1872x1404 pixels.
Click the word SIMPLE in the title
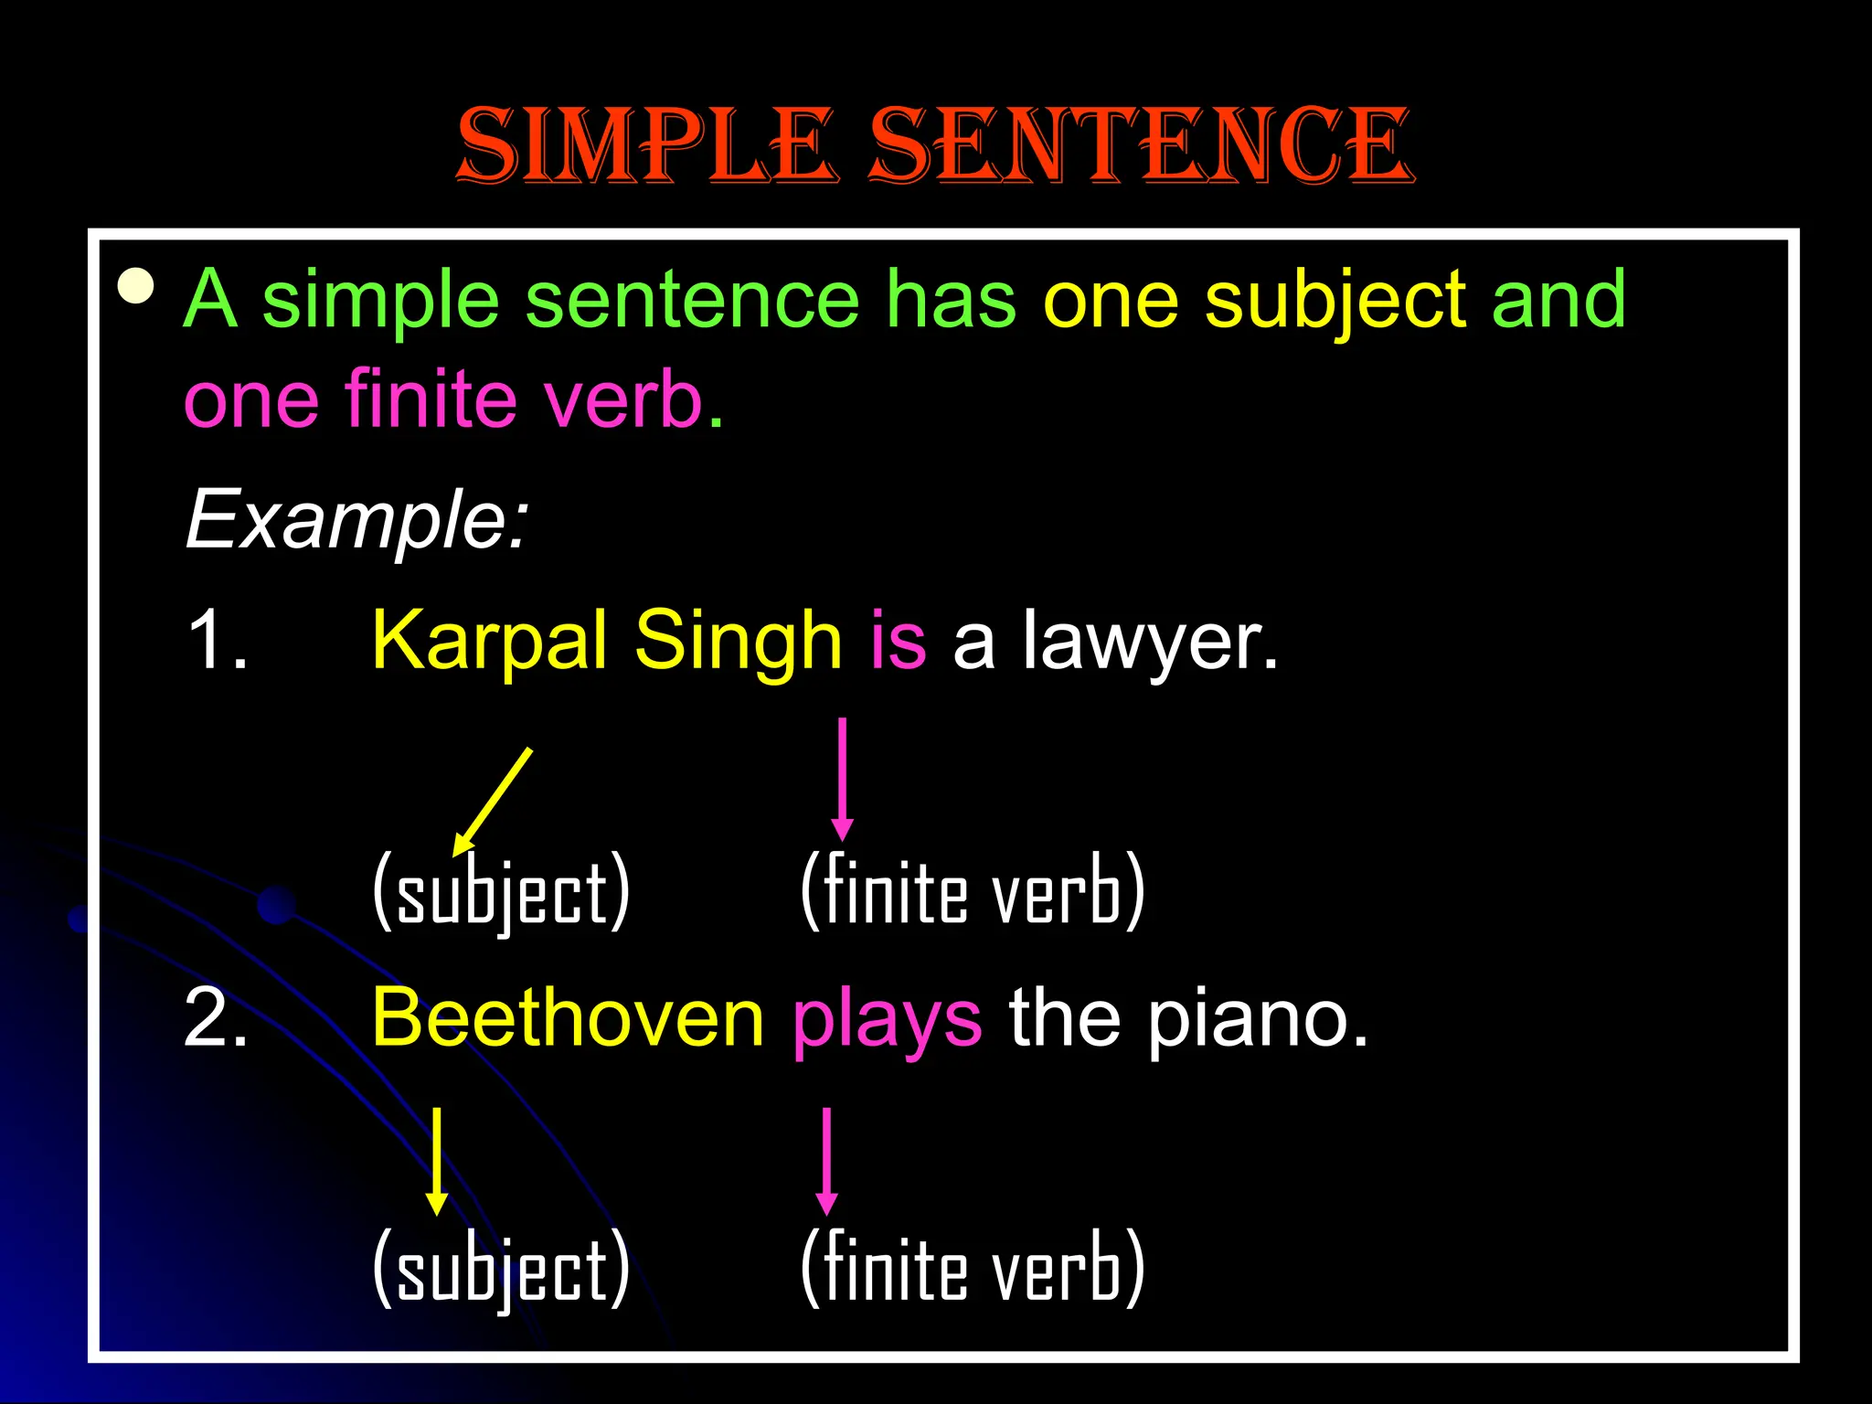[x=646, y=146]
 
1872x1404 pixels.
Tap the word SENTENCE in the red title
[x=1140, y=146]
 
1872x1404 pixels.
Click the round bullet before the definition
[x=136, y=286]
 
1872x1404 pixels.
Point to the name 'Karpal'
[x=489, y=641]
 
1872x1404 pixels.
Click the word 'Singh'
[x=738, y=641]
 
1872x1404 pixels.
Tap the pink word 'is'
[x=898, y=641]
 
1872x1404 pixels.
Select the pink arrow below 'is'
[x=843, y=779]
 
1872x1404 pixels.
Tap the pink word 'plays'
[x=887, y=1020]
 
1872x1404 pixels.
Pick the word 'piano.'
[x=1258, y=1020]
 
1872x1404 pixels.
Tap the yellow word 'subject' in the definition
[x=1335, y=300]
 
